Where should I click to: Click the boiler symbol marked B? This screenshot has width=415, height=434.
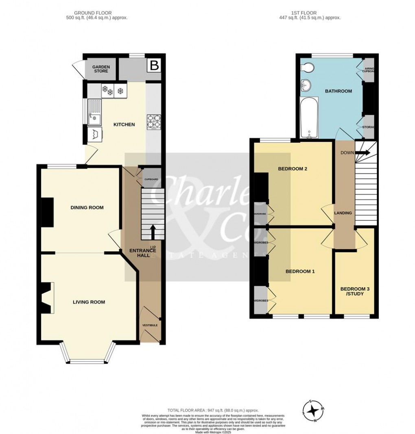(x=154, y=65)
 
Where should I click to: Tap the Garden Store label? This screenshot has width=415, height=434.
(x=100, y=69)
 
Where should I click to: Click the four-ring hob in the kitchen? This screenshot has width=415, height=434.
(x=153, y=121)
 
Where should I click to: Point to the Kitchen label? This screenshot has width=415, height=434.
(x=124, y=124)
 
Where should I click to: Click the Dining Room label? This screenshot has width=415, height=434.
(x=87, y=208)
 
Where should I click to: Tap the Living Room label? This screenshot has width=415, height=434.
(x=89, y=302)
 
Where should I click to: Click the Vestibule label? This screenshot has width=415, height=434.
(x=150, y=325)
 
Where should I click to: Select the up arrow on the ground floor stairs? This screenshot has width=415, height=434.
(x=153, y=232)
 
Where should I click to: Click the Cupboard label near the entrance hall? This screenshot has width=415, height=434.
(x=151, y=179)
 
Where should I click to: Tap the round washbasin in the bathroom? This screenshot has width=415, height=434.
(x=306, y=86)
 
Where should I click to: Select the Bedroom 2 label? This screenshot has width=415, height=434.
(x=293, y=169)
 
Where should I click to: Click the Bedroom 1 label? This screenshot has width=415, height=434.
(x=300, y=271)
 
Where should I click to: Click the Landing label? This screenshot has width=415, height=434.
(x=343, y=213)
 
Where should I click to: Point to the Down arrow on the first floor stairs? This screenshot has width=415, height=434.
(x=363, y=153)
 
